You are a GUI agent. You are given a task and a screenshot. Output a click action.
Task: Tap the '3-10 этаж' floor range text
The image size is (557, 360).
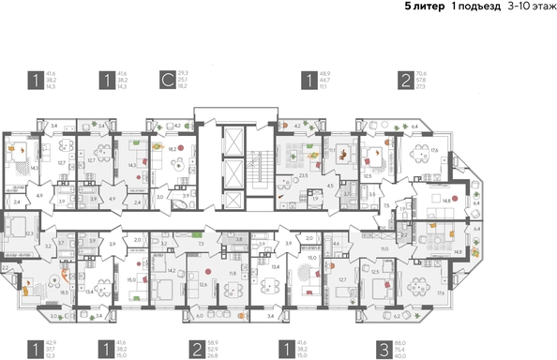click(530, 7)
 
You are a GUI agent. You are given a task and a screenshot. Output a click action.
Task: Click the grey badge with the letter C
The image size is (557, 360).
click(167, 79)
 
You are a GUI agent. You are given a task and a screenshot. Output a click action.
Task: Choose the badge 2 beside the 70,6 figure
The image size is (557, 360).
click(403, 79)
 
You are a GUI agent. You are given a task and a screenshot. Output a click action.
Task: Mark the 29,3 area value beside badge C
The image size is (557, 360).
click(184, 72)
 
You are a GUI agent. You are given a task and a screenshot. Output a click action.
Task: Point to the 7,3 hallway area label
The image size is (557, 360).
click(202, 243)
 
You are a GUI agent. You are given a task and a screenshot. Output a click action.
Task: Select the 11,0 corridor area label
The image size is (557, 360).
click(384, 248)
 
